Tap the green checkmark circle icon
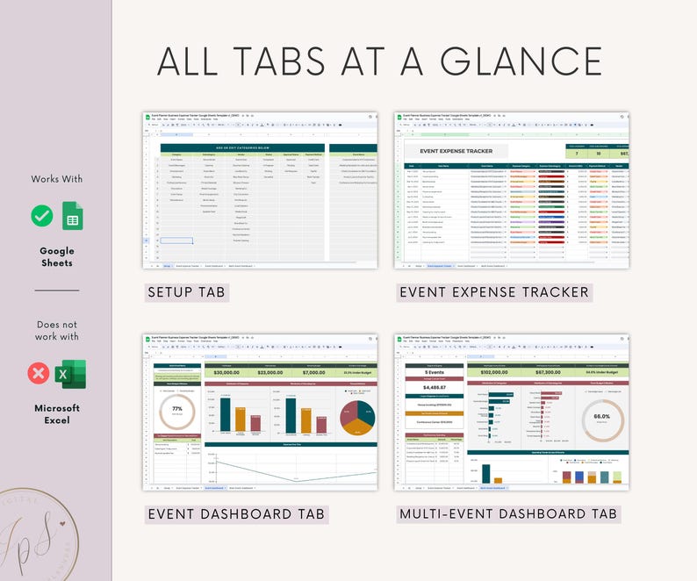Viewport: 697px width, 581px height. coord(41,215)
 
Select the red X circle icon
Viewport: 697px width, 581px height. coord(40,373)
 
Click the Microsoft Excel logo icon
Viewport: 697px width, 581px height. coord(71,373)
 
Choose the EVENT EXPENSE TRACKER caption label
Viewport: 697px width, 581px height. coord(493,292)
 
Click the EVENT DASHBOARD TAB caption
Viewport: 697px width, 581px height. coord(236,513)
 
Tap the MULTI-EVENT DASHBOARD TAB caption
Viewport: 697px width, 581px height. coord(508,513)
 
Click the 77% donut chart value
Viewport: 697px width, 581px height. coord(177,410)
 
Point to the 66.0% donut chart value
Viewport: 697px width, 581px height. coord(602,416)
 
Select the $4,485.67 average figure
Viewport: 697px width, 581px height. coord(428,387)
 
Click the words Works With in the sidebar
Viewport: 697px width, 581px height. coord(56,179)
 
